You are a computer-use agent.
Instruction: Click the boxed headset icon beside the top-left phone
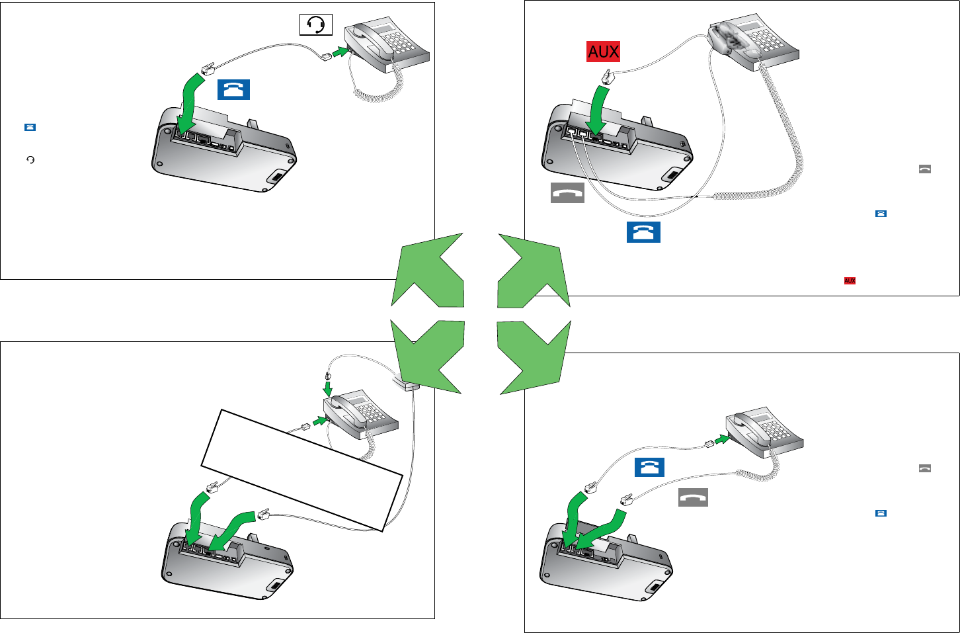[316, 24]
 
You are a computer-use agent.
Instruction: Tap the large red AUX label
[603, 52]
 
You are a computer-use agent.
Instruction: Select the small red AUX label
[850, 281]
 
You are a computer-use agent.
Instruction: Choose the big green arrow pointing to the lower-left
[428, 356]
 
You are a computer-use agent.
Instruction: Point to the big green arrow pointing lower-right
[533, 357]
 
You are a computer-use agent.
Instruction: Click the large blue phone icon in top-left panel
[233, 90]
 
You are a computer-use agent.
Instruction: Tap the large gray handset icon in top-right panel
[567, 193]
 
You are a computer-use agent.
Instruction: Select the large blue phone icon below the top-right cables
[643, 232]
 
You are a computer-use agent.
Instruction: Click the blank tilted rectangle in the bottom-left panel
[301, 470]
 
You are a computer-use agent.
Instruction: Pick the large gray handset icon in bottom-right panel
[693, 497]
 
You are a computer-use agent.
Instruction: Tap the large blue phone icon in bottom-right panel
[649, 467]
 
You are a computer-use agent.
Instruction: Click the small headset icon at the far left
[30, 160]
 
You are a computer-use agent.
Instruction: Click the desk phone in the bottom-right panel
[764, 433]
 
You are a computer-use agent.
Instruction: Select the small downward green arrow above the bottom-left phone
[328, 389]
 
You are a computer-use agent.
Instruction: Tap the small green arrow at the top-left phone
[340, 52]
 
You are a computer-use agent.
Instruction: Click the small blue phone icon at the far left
[30, 128]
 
